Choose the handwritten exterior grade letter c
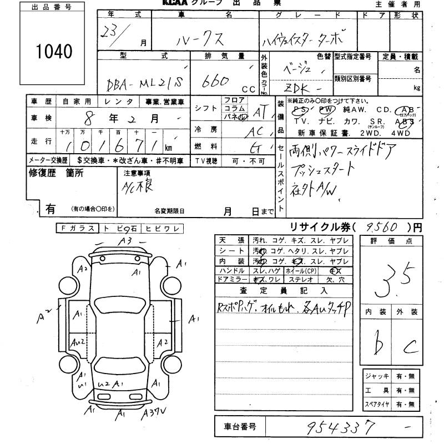coord(411,347)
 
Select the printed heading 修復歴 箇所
coord(56,173)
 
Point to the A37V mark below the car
coord(153,413)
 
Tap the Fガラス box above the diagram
coord(77,228)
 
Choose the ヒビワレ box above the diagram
coord(160,228)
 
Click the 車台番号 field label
coord(240,427)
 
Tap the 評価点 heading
coord(393,241)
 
